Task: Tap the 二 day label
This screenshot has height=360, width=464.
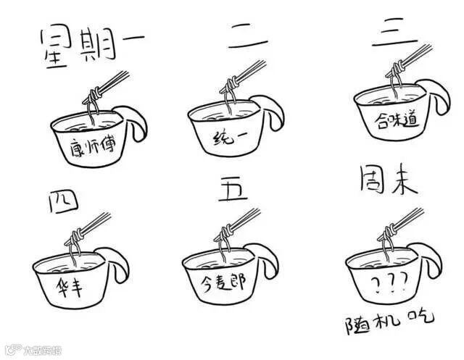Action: click(248, 36)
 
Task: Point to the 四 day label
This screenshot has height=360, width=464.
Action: click(63, 201)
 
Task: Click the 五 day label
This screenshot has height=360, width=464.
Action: click(233, 190)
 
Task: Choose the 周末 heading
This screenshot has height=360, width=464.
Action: click(389, 180)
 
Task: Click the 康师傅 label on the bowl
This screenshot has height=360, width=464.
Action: click(93, 146)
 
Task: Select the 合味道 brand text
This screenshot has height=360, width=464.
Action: click(397, 120)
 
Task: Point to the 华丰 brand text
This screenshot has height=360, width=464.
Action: click(69, 286)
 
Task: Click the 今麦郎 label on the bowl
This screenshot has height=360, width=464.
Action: click(223, 282)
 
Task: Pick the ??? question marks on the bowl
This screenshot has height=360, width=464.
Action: click(389, 282)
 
